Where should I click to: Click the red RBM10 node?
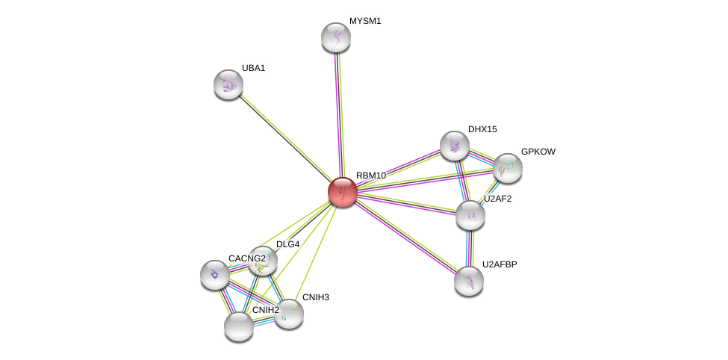click(x=343, y=192)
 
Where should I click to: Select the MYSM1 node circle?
click(x=336, y=37)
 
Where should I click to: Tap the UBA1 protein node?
click(x=228, y=84)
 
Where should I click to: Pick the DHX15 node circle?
click(x=455, y=146)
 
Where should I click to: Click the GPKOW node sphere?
click(x=508, y=168)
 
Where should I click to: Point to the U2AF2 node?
click(x=470, y=215)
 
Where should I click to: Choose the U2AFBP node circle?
click(x=469, y=281)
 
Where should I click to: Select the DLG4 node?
click(x=263, y=261)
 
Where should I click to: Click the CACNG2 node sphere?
click(x=215, y=275)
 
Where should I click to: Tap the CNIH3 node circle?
click(x=289, y=314)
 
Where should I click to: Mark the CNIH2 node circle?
click(x=239, y=326)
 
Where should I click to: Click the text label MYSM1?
click(x=365, y=21)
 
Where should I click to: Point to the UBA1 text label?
click(x=253, y=68)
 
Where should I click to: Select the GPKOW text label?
click(x=538, y=152)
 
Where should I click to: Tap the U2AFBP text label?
click(x=499, y=264)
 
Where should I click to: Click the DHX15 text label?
click(x=482, y=129)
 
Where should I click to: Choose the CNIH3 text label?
click(x=315, y=297)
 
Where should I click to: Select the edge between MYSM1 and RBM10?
click(x=340, y=112)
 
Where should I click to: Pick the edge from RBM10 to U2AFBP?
click(x=406, y=237)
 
